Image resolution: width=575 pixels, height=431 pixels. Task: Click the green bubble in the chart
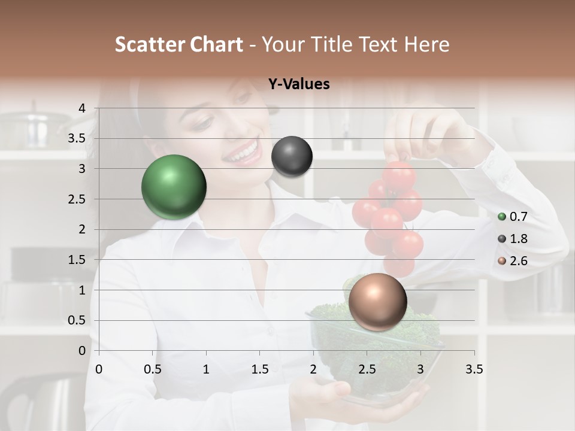[174, 187]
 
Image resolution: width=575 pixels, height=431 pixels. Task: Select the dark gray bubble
[292, 156]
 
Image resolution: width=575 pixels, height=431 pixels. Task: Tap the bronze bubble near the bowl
[377, 302]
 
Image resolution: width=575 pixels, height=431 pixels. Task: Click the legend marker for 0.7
[502, 217]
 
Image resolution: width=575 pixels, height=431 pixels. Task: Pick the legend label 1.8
[519, 239]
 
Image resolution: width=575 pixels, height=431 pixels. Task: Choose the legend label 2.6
[519, 261]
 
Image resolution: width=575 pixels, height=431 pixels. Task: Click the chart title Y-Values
[299, 84]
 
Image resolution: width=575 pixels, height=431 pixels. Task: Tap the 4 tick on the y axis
[83, 108]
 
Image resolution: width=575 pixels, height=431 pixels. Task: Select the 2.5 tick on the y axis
[77, 199]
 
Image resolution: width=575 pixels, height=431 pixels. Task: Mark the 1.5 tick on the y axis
[77, 260]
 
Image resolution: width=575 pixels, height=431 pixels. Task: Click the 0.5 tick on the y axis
[77, 320]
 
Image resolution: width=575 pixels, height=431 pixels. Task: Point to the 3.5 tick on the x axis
[474, 369]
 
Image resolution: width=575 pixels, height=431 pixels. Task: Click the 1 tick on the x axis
[206, 369]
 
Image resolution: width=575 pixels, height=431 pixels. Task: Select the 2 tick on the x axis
[313, 369]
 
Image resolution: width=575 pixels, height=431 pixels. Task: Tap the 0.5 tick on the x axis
[153, 369]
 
